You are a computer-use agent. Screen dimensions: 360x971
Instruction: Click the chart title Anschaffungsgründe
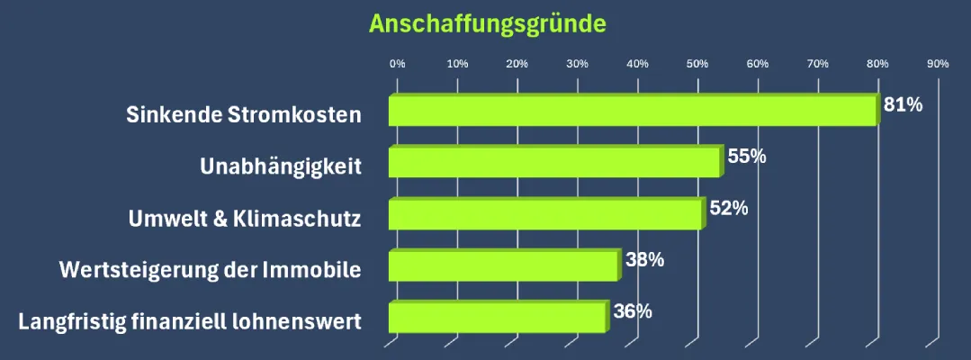pos(487,22)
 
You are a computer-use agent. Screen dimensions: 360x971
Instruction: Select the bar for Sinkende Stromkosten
pos(633,111)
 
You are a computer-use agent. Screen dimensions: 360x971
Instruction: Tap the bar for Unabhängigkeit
pos(554,162)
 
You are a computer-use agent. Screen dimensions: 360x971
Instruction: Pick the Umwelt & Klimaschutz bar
pos(544,214)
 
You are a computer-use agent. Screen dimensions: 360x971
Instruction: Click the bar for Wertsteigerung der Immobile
pos(503,265)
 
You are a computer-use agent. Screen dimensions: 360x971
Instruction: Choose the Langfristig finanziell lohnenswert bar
pos(497,317)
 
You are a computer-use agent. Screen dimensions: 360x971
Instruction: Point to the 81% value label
pos(903,104)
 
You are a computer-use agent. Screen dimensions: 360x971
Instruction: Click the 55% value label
pos(746,157)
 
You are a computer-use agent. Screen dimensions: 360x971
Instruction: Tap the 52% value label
pos(728,208)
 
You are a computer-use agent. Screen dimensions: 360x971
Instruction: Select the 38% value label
pos(644,260)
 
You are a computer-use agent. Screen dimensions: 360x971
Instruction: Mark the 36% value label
pos(632,311)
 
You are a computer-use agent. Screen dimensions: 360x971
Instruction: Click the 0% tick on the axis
pos(397,64)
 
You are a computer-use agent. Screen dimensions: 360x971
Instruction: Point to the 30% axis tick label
pos(577,64)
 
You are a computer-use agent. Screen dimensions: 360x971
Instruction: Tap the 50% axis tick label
pos(697,64)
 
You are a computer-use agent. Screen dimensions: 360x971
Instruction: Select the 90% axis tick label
pos(938,64)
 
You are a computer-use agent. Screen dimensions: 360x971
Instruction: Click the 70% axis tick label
pos(817,64)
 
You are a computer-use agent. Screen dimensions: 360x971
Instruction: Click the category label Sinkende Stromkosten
pos(243,115)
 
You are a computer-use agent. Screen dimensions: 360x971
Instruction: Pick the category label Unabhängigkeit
pos(280,166)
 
